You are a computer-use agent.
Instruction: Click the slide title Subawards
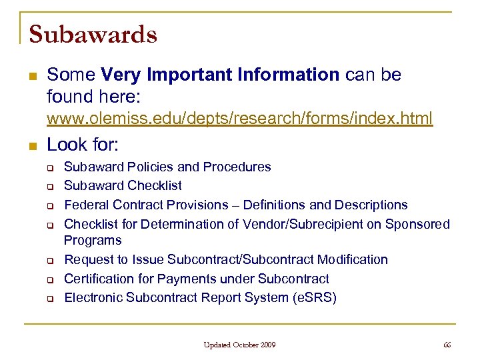[x=93, y=33]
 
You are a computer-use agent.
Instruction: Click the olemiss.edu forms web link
[x=239, y=119]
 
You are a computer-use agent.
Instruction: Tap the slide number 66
[x=447, y=345]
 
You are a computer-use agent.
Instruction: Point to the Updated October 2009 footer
[x=240, y=345]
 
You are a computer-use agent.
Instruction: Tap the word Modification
[x=353, y=259]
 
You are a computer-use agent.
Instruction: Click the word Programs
[x=93, y=240]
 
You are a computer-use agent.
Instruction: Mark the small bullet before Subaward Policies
[x=49, y=167]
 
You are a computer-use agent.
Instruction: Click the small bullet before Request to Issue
[x=49, y=260]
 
